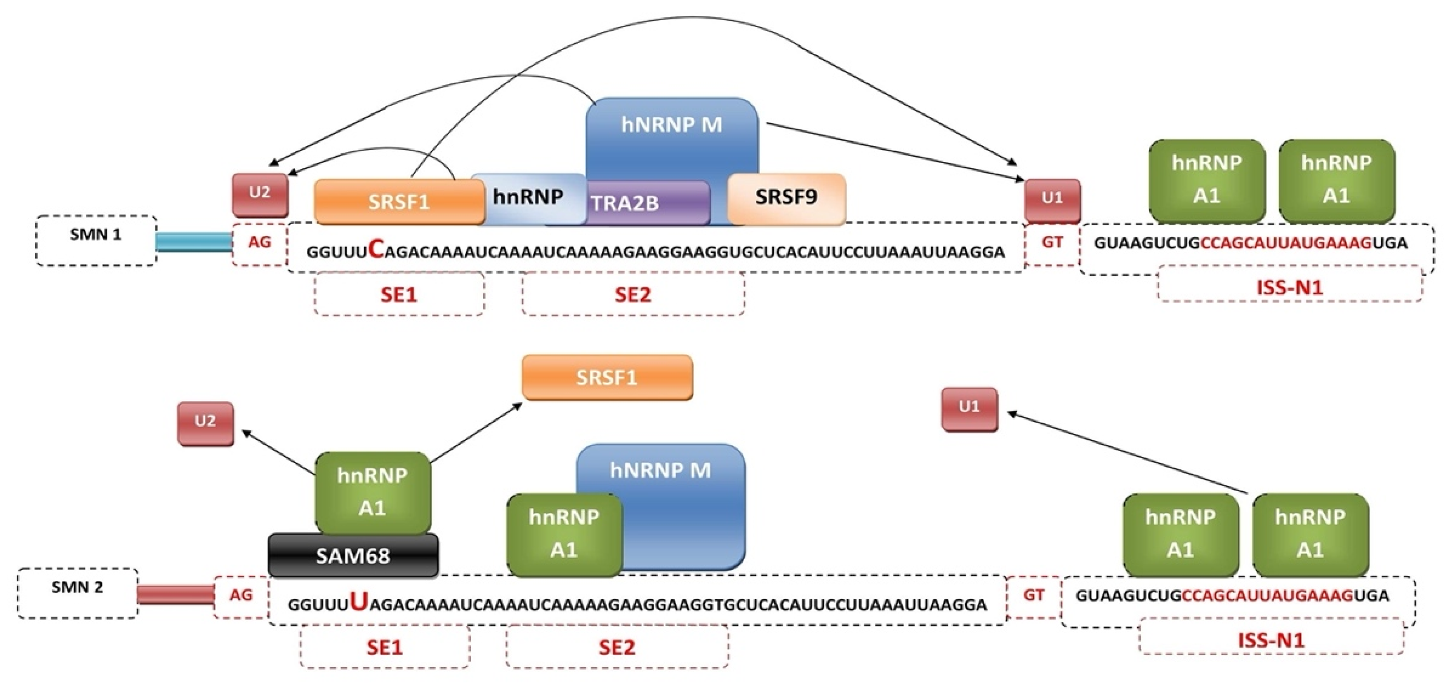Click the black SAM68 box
tap(353, 556)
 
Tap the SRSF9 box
tap(786, 197)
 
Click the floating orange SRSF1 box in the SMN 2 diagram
tap(607, 377)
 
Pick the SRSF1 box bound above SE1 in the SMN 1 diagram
tap(399, 202)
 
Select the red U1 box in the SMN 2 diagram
tap(969, 408)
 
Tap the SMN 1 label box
tap(96, 240)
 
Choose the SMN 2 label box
tap(77, 593)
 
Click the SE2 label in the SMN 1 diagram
tap(632, 294)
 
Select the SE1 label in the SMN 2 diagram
tap(385, 647)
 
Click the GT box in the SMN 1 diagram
tap(1052, 243)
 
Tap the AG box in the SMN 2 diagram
tap(241, 596)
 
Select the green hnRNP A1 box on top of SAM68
tap(372, 492)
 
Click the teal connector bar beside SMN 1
tap(193, 242)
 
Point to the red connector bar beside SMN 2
tap(175, 595)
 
